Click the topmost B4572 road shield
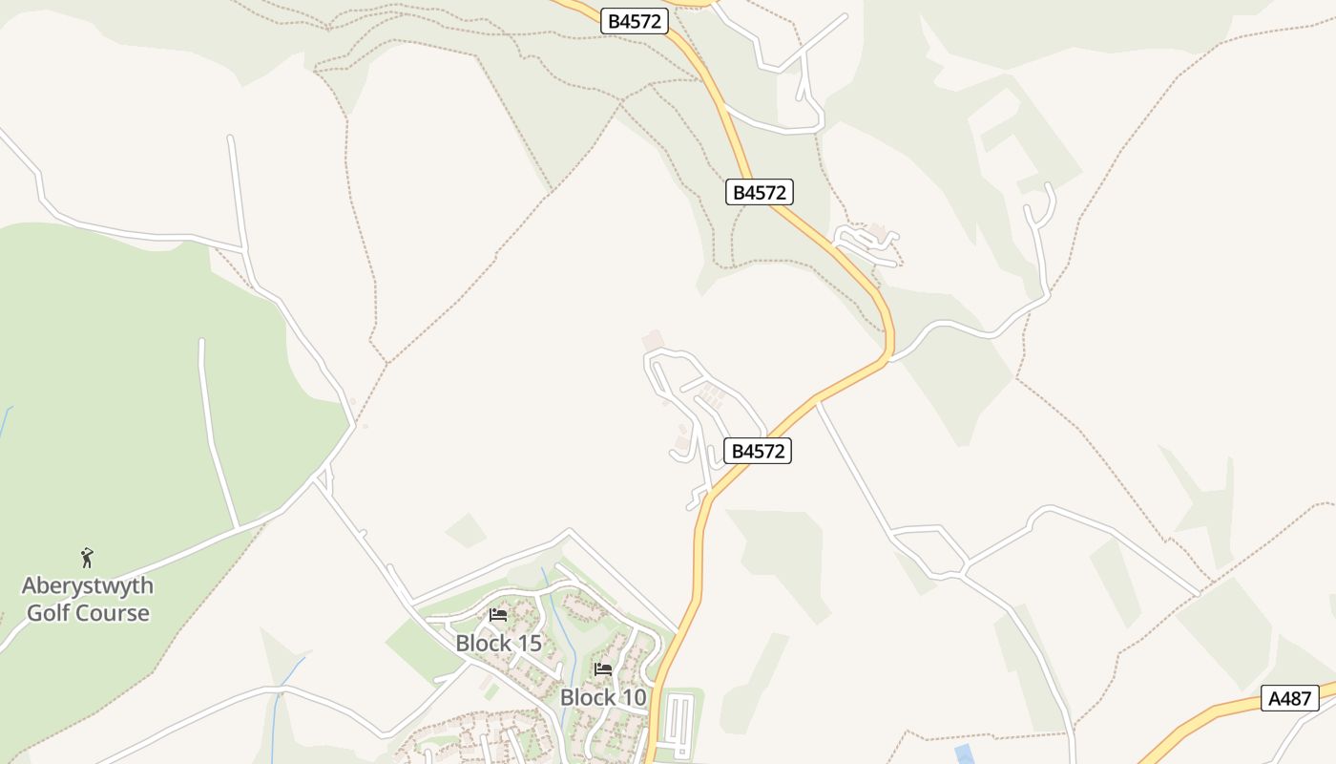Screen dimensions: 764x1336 (634, 21)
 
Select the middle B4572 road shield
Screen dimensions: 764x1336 (759, 192)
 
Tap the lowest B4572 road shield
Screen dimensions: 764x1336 (758, 451)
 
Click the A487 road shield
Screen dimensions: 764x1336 (1289, 698)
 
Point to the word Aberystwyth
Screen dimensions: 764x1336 (88, 585)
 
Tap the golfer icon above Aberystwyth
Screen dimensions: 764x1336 (88, 558)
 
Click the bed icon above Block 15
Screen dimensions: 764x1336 (498, 615)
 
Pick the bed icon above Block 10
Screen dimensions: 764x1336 (603, 669)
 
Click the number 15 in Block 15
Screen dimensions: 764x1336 (528, 644)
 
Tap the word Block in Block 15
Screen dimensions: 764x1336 (483, 644)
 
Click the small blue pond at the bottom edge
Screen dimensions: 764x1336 (964, 754)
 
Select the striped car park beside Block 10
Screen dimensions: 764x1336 (679, 725)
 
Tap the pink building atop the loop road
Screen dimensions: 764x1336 (653, 340)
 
